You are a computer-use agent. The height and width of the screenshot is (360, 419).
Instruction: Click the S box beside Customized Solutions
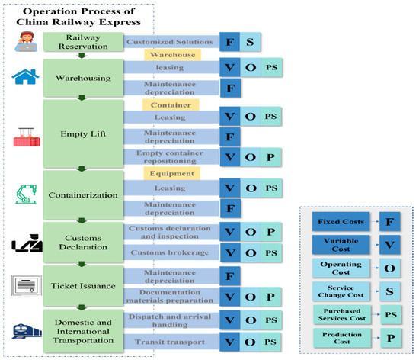[x=250, y=43]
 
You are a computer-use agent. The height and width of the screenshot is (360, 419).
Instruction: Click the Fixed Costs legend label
[x=336, y=223]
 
